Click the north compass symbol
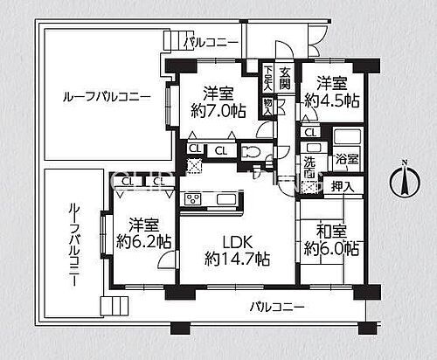coord(404,181)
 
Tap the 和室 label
coord(331,231)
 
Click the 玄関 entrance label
coord(284,74)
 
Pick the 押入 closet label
coord(343,185)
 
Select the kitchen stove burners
coord(191,198)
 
